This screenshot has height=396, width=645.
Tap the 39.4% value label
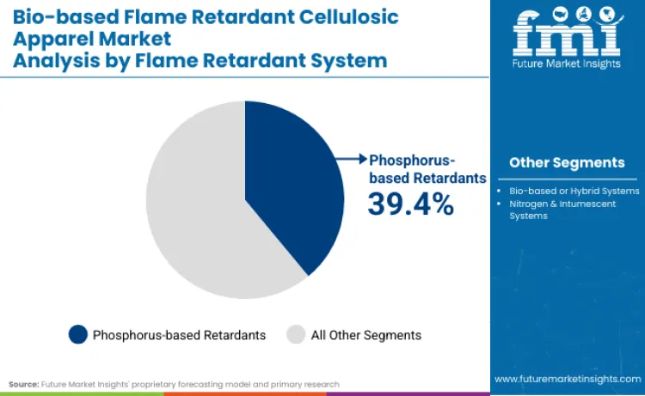pyautogui.click(x=410, y=204)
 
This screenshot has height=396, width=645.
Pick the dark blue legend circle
pyautogui.click(x=77, y=334)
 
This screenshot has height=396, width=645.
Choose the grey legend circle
pyautogui.click(x=296, y=334)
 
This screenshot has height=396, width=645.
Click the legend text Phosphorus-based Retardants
pyautogui.click(x=179, y=334)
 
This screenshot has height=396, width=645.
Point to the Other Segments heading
pyautogui.click(x=567, y=162)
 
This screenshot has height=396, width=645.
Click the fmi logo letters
pyautogui.click(x=567, y=34)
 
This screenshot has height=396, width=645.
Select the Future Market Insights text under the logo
pyautogui.click(x=567, y=65)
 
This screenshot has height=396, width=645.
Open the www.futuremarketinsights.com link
pyautogui.click(x=567, y=379)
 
